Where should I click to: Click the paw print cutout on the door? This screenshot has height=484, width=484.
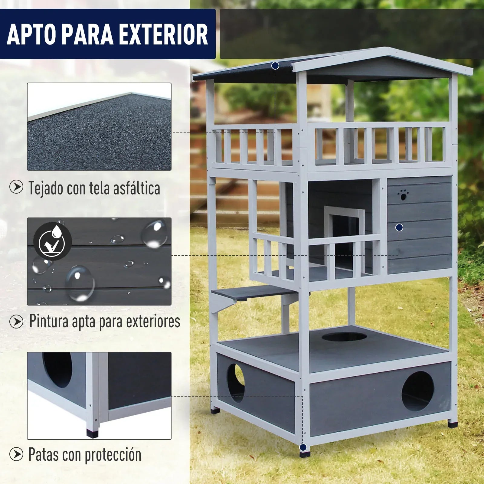(403, 195)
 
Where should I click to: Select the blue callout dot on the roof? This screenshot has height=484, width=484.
(275, 65)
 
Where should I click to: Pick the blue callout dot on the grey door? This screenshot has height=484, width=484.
(399, 227)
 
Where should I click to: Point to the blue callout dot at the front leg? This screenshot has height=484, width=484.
(303, 447)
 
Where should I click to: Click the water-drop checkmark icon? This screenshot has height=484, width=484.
(52, 241)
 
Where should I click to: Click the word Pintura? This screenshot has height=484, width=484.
(49, 321)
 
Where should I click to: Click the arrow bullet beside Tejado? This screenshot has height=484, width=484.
(16, 187)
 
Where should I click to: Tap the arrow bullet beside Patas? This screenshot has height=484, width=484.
(16, 454)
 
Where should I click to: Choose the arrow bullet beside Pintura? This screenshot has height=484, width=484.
(16, 322)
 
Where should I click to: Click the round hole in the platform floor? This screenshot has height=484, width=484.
(344, 337)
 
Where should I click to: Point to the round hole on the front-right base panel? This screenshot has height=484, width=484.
(418, 391)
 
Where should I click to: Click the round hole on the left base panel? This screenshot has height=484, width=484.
(236, 383)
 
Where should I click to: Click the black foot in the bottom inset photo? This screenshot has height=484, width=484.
(93, 433)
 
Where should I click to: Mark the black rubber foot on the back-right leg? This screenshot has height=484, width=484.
(453, 424)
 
